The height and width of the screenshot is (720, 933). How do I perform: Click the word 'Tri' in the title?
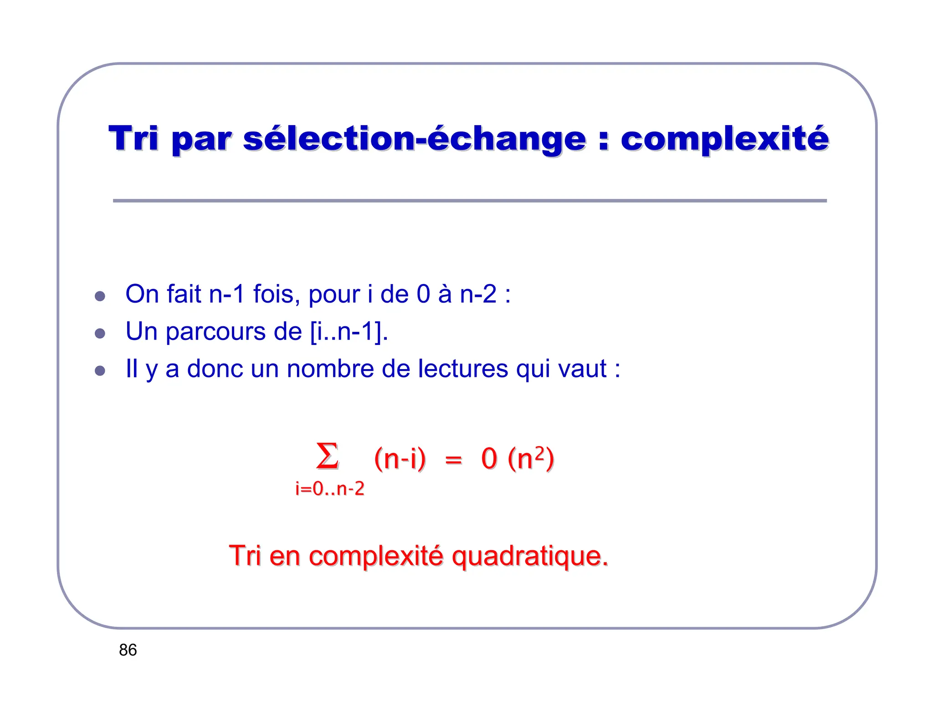pyautogui.click(x=133, y=138)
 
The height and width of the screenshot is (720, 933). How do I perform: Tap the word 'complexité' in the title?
pyautogui.click(x=724, y=139)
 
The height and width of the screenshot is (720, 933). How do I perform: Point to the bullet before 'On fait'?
pyautogui.click(x=100, y=296)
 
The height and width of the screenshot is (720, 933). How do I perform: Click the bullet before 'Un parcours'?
pyautogui.click(x=100, y=334)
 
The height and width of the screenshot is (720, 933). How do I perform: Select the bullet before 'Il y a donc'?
pyautogui.click(x=100, y=370)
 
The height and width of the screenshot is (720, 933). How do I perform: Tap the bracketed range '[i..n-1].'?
pyautogui.click(x=349, y=331)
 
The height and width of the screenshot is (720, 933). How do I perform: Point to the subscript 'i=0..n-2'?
pyautogui.click(x=330, y=489)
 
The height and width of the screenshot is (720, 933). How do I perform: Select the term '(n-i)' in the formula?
pyautogui.click(x=400, y=458)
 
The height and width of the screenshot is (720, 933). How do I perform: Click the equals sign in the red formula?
pyautogui.click(x=453, y=460)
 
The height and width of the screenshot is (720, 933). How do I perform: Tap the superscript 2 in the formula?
pyautogui.click(x=539, y=452)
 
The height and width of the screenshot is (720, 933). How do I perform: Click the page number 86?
pyautogui.click(x=128, y=650)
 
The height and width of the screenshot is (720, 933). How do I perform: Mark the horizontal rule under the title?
pyautogui.click(x=469, y=201)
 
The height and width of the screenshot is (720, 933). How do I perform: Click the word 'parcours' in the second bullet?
pyautogui.click(x=215, y=331)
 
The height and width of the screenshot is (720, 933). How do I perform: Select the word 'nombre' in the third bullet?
pyautogui.click(x=330, y=369)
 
